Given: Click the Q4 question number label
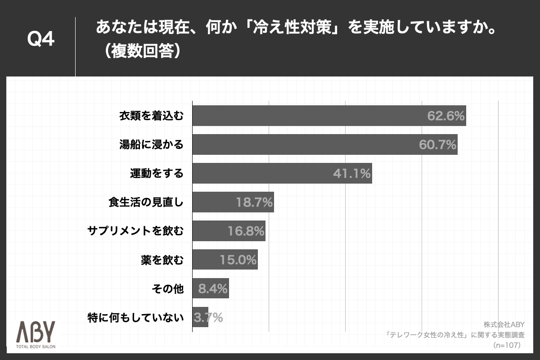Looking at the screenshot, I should (x=41, y=40).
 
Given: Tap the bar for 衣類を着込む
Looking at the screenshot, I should (x=328, y=116).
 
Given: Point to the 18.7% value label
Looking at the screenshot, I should (x=254, y=202).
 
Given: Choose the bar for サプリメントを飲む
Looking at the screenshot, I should (x=229, y=231).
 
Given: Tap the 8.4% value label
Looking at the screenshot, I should (x=213, y=288).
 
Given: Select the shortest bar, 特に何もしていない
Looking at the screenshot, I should (x=200, y=317).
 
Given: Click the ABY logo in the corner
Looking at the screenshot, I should (x=36, y=332).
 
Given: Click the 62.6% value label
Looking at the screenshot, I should (x=445, y=116).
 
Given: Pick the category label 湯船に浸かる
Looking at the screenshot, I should (x=151, y=145).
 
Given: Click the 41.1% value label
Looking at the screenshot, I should (x=351, y=174).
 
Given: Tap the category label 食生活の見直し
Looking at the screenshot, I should (x=146, y=202).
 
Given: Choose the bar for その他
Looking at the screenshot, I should (x=210, y=288).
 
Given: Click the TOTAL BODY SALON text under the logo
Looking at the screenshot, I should (x=36, y=346).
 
